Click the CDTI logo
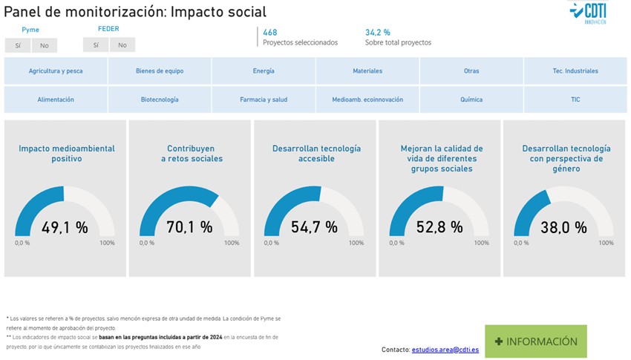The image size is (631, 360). (x=587, y=13)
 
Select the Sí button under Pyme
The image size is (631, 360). (x=17, y=45)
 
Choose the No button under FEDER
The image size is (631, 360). (x=122, y=45)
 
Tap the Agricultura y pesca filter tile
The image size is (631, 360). (x=56, y=71)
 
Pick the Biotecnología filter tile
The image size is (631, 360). (x=160, y=99)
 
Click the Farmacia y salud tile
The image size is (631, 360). (x=264, y=99)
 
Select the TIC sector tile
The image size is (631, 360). (x=575, y=99)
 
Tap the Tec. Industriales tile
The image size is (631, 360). (x=575, y=71)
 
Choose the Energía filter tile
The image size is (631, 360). (x=264, y=71)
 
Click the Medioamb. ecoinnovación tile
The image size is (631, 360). (x=367, y=99)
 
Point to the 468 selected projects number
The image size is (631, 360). (x=270, y=33)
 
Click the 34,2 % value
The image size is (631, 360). (x=377, y=33)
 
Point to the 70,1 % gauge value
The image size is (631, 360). (x=189, y=227)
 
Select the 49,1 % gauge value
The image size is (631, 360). (x=65, y=227)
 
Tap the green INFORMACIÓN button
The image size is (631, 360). (x=535, y=341)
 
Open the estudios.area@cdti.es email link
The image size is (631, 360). (x=445, y=350)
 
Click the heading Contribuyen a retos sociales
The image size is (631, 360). (x=189, y=154)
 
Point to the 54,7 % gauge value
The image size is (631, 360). (x=314, y=227)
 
